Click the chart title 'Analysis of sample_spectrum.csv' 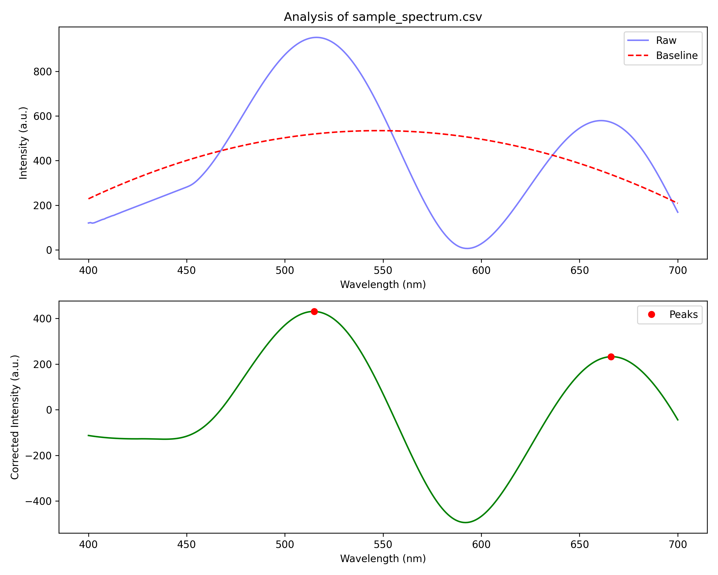click(383, 17)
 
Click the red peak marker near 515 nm click(314, 311)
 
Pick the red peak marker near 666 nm click(611, 357)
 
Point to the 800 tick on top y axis click(42, 72)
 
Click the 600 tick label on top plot click(42, 116)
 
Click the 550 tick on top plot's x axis click(383, 270)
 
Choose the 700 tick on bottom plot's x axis click(678, 544)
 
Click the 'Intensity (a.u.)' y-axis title click(23, 143)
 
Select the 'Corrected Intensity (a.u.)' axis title click(15, 417)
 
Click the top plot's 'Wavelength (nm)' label click(383, 284)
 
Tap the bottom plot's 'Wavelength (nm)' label click(383, 559)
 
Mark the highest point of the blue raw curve click(316, 37)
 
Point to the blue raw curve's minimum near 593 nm click(467, 248)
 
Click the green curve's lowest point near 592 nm click(465, 522)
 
